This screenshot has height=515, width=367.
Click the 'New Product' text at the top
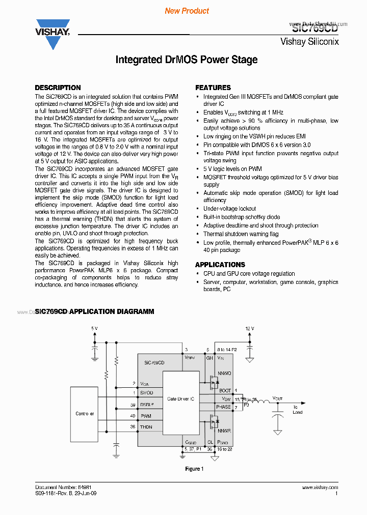pyautogui.click(x=187, y=11)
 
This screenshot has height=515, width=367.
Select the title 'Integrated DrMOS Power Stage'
pyautogui.click(x=186, y=60)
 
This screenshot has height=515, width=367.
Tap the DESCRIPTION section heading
pyautogui.click(x=58, y=88)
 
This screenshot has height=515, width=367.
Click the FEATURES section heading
pyautogui.click(x=213, y=88)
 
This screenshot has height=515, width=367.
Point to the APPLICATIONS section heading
pyautogui.click(x=220, y=265)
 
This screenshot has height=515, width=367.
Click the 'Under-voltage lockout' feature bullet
pyautogui.click(x=229, y=209)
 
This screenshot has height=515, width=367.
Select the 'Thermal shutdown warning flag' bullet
pyautogui.click(x=241, y=234)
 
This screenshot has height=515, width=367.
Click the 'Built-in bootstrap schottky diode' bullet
pyautogui.click(x=242, y=217)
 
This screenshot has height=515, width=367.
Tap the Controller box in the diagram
pyautogui.click(x=85, y=413)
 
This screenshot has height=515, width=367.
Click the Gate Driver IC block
pyautogui.click(x=181, y=399)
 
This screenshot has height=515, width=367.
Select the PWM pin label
pyautogui.click(x=146, y=416)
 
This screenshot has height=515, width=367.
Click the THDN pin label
pyautogui.click(x=146, y=426)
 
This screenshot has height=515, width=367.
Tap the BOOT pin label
pyautogui.click(x=225, y=390)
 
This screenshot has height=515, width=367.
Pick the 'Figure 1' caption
pyautogui.click(x=193, y=469)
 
